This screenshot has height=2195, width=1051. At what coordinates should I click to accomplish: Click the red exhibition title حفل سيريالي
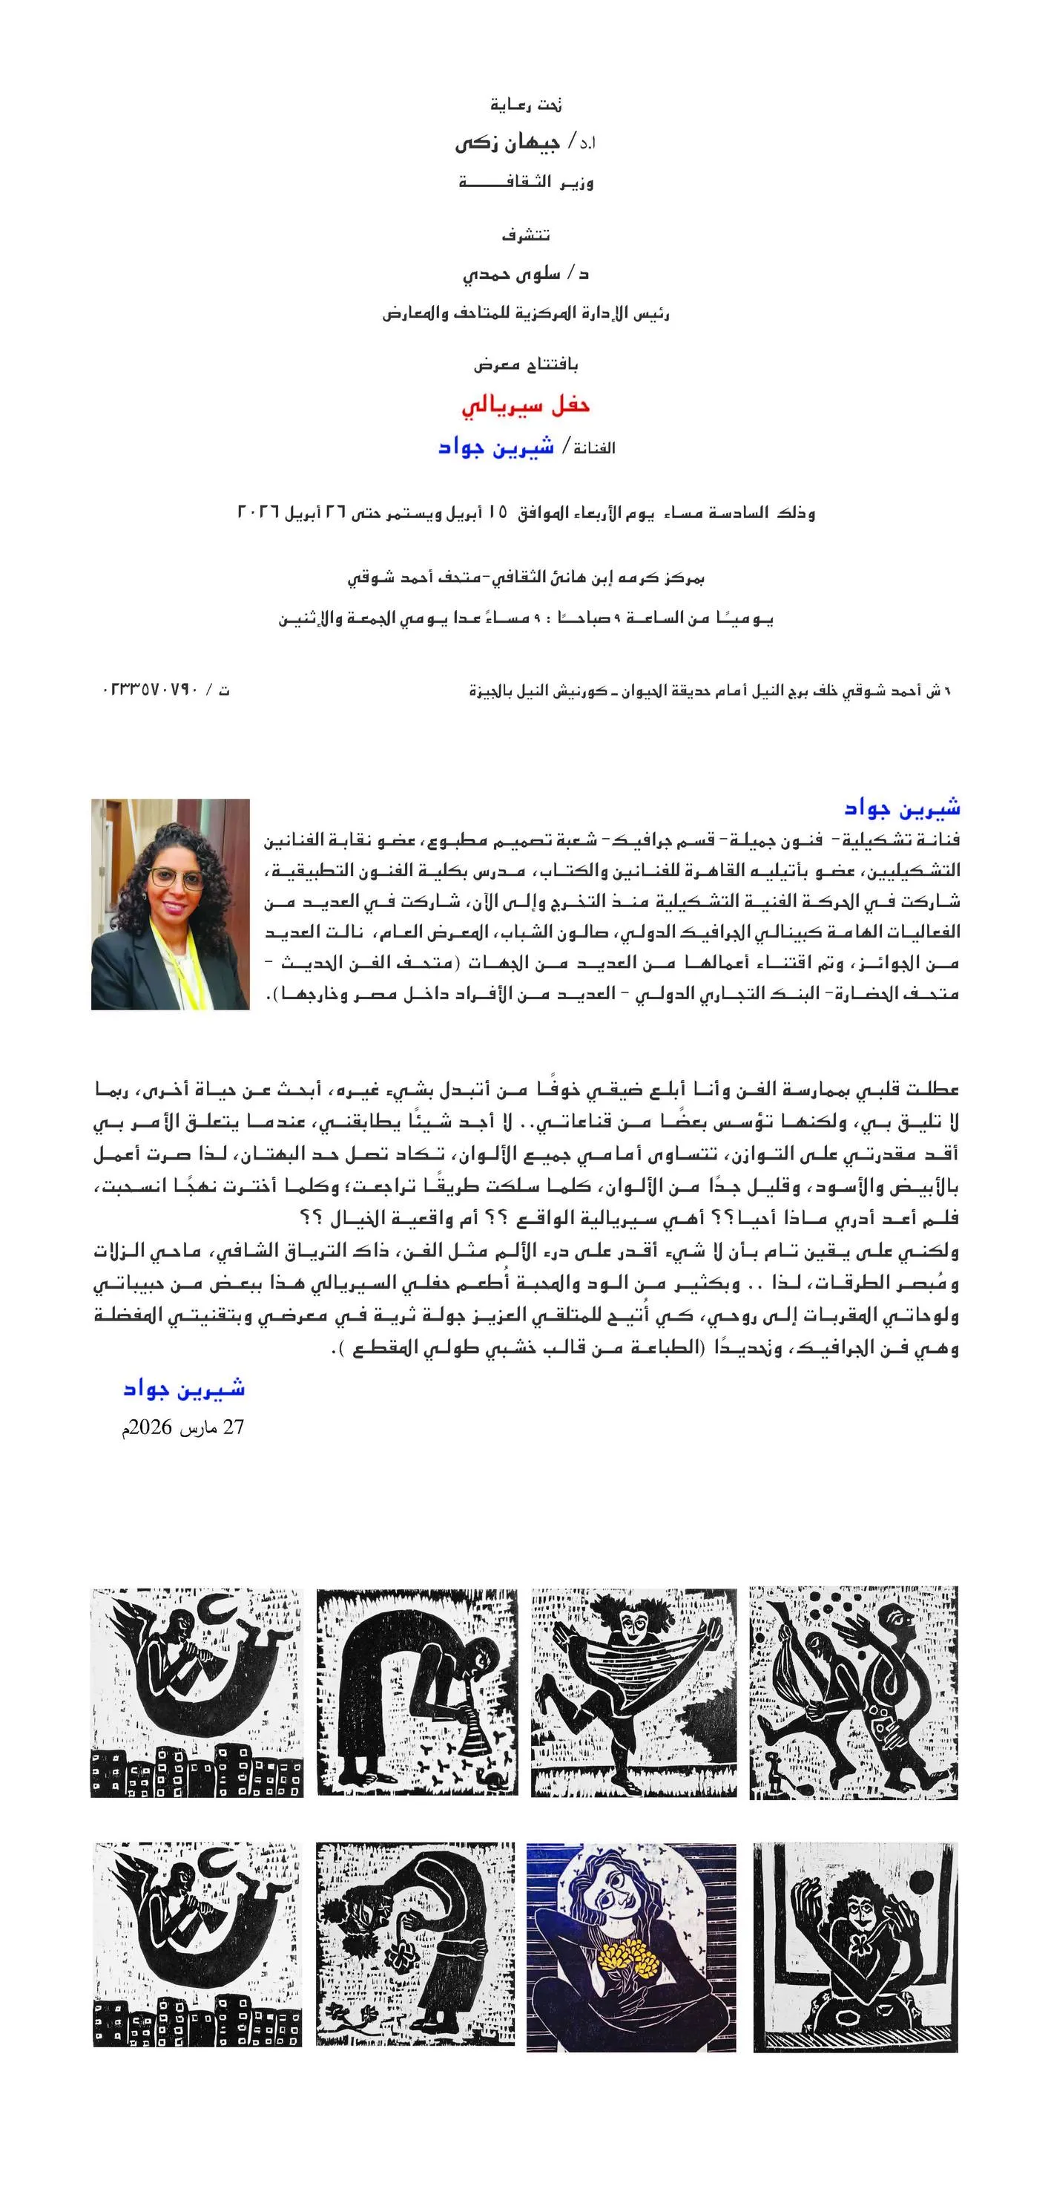click(525, 405)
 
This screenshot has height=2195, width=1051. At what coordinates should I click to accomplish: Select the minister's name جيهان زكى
click(507, 143)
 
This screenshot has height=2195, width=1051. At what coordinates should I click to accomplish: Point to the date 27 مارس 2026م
click(182, 1427)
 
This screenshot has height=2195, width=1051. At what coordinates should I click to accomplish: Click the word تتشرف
click(525, 235)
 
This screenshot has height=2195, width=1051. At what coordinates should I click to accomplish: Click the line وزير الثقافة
click(525, 183)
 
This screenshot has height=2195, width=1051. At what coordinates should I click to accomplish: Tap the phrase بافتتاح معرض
click(525, 364)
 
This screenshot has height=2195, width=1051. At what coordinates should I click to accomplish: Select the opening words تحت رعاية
click(525, 105)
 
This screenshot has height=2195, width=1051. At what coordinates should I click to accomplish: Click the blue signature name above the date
click(184, 1389)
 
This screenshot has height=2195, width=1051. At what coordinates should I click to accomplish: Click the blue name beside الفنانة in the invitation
click(495, 448)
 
